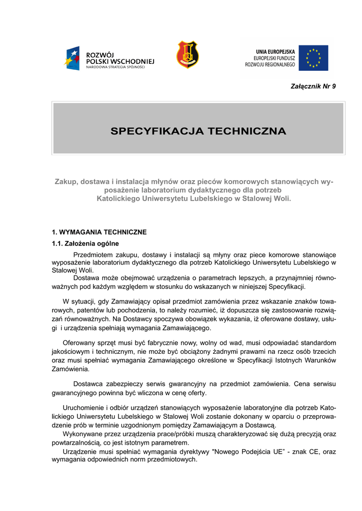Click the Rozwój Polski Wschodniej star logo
(x=72, y=57)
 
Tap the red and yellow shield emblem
(x=187, y=55)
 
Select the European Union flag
(x=314, y=58)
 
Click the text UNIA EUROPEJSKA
(x=275, y=51)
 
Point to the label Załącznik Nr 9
(x=313, y=86)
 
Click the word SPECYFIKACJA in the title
(x=157, y=131)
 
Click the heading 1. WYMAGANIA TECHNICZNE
(x=99, y=232)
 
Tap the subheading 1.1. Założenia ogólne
(x=85, y=244)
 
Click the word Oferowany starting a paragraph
(x=80, y=343)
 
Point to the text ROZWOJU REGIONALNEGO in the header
(x=270, y=64)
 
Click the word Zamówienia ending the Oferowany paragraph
(x=70, y=369)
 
